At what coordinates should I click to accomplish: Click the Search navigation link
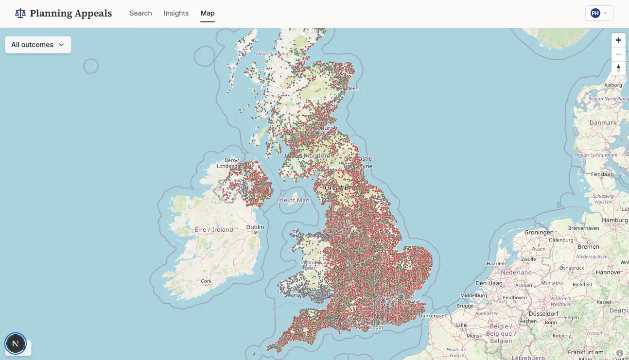click(x=140, y=13)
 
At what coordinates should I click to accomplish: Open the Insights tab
click(x=176, y=13)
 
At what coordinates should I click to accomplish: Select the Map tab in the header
click(x=208, y=13)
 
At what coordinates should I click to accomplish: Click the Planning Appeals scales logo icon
click(x=20, y=13)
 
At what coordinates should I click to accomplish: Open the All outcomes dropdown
click(x=38, y=45)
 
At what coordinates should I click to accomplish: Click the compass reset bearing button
click(x=618, y=68)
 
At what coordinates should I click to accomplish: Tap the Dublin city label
click(x=255, y=227)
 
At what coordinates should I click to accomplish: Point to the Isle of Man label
click(x=293, y=200)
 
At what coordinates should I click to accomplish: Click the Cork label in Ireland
click(x=206, y=281)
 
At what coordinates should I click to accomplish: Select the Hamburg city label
click(x=614, y=220)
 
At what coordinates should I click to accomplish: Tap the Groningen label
click(x=539, y=233)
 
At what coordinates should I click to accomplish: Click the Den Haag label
click(x=489, y=283)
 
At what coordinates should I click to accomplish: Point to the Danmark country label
click(x=603, y=123)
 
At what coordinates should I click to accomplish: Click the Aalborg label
click(x=612, y=85)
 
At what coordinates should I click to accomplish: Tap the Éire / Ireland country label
click(x=214, y=230)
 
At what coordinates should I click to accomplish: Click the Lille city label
click(x=461, y=325)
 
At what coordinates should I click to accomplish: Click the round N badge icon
click(x=15, y=343)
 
